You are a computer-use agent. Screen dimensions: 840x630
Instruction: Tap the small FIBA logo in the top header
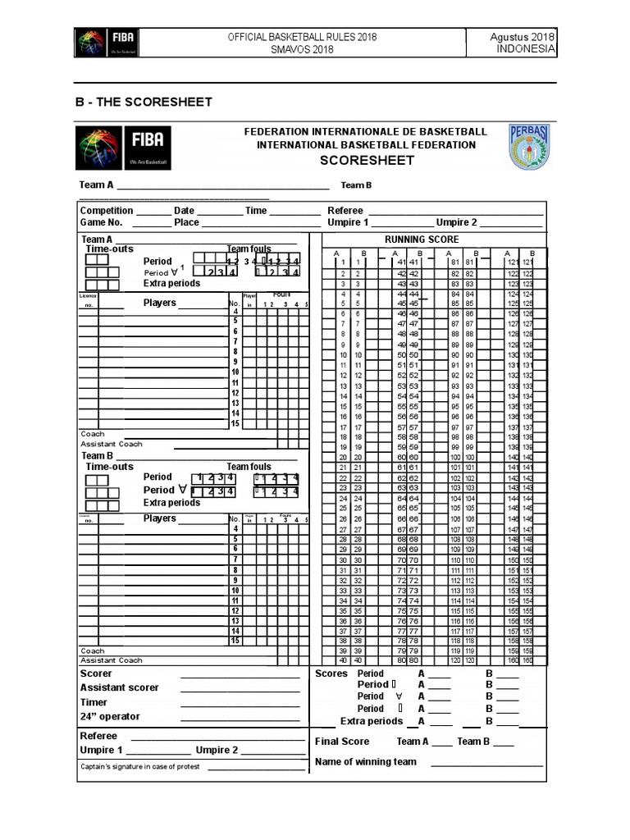point(106,43)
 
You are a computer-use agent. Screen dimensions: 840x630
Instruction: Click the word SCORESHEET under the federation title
point(367,160)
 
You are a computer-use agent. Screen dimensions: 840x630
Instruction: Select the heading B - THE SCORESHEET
point(144,102)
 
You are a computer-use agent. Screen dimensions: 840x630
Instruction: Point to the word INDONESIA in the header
point(526,49)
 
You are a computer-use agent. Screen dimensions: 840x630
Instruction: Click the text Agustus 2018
point(523,37)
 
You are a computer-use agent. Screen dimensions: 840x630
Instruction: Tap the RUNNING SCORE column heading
point(422,240)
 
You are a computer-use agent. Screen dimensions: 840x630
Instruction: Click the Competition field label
point(107,211)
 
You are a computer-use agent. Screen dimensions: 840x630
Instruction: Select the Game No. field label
point(101,222)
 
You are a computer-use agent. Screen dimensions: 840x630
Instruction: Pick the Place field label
point(186,222)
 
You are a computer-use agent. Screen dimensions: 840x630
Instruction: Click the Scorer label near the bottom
point(96,673)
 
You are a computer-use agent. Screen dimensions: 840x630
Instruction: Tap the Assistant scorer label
point(119,687)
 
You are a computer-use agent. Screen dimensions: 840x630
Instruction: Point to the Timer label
point(94,702)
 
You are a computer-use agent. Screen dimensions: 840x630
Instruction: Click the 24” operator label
point(110,716)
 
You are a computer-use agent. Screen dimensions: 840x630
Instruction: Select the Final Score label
point(342,742)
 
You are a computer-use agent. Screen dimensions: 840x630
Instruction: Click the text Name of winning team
point(366,761)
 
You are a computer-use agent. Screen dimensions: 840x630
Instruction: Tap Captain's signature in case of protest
point(140,767)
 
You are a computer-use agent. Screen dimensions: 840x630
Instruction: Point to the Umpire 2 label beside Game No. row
point(456,222)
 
